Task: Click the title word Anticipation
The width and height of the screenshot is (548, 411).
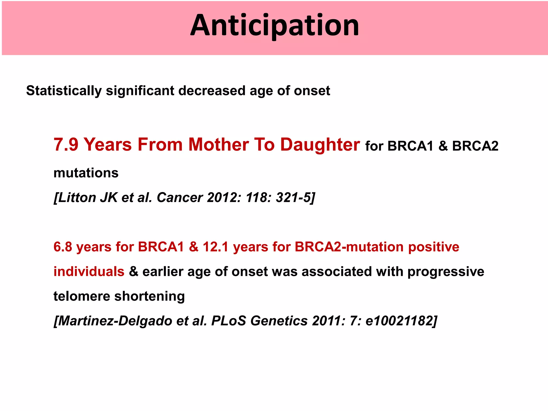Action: (275, 26)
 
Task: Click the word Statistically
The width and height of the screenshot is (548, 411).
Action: (64, 91)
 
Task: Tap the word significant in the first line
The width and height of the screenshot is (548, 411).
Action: (140, 91)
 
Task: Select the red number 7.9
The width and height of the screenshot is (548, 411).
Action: (66, 145)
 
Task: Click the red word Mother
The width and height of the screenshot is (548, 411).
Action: (219, 145)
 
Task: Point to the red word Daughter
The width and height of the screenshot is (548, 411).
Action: (320, 145)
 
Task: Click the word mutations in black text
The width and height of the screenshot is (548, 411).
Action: (86, 173)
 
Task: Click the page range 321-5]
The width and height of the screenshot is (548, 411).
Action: (296, 198)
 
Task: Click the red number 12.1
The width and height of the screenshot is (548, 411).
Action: (215, 247)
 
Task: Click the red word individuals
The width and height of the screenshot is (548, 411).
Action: (89, 272)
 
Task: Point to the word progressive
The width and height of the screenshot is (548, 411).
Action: (446, 272)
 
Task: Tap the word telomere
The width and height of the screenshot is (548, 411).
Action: (82, 296)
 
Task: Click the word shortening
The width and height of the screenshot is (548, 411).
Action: (150, 296)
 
